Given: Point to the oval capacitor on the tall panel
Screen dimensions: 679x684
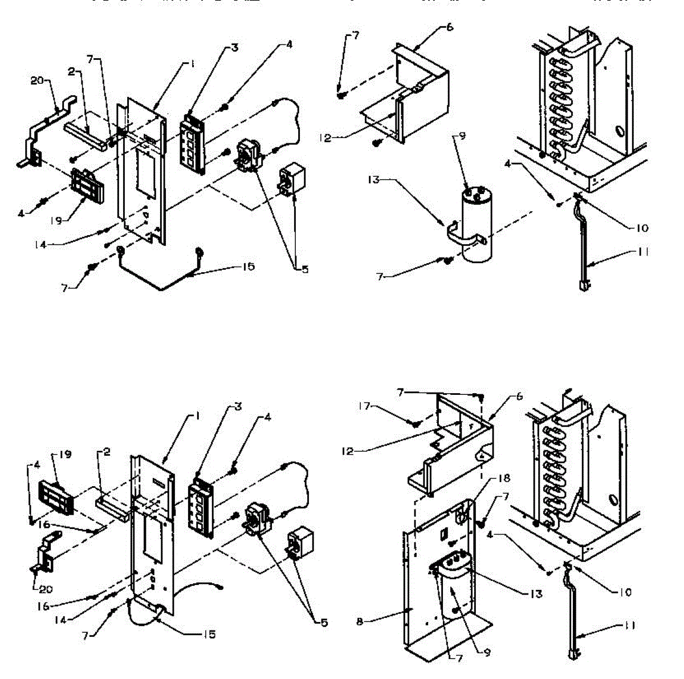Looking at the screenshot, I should pos(454,585).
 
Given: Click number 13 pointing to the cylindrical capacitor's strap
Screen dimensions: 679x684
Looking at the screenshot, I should pos(374,180).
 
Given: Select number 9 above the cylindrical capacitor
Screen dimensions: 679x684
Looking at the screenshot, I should pos(462,136).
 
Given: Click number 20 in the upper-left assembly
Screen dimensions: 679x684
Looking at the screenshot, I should pos(36,81).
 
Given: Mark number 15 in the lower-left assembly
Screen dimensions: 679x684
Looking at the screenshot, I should pos(210,634).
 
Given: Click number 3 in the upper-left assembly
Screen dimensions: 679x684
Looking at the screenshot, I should pos(235,49).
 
